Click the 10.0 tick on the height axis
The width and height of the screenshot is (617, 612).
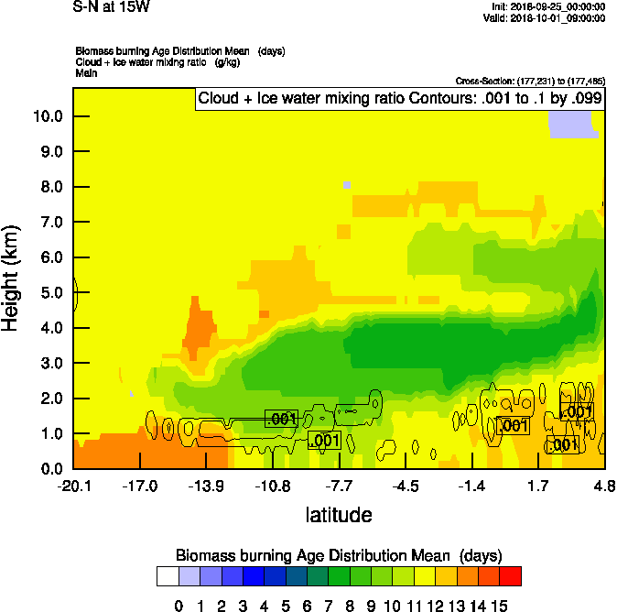coord(48,116)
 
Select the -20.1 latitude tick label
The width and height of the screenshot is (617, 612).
coord(74,486)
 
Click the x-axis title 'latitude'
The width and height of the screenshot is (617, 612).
coord(339,515)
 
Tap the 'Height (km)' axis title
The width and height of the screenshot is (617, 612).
coord(12,278)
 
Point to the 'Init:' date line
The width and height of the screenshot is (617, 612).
coord(547,6)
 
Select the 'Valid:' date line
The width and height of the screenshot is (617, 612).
coord(546,17)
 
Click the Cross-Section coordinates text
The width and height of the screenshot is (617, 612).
coord(529,82)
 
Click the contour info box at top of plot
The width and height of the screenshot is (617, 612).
coord(398,99)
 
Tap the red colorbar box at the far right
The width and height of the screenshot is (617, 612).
coord(511,576)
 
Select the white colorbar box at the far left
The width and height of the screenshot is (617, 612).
coord(168,576)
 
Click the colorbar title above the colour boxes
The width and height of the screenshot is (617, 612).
coord(339,555)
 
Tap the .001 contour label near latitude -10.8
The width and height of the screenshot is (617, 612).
coord(282,419)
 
